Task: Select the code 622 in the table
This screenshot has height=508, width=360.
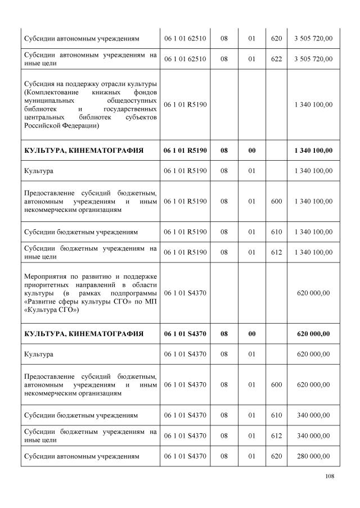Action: [276, 58]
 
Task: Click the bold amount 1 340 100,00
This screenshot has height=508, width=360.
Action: [313, 150]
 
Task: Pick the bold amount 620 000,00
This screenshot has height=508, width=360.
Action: [313, 334]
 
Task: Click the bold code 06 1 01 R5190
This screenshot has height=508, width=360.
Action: [185, 150]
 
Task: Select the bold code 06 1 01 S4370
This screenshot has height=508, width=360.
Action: [185, 334]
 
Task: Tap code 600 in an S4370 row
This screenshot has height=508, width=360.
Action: [276, 384]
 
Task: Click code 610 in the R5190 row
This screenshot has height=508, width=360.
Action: [276, 232]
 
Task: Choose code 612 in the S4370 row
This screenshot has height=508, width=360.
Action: [276, 436]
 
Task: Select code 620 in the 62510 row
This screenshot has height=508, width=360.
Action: [276, 38]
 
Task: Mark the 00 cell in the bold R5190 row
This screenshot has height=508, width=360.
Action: [251, 150]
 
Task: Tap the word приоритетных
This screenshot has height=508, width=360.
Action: [48, 284]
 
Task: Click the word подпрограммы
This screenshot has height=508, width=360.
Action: [136, 293]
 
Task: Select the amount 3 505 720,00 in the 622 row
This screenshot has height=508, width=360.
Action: [313, 58]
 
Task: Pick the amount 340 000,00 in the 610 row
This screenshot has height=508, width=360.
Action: [313, 415]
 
